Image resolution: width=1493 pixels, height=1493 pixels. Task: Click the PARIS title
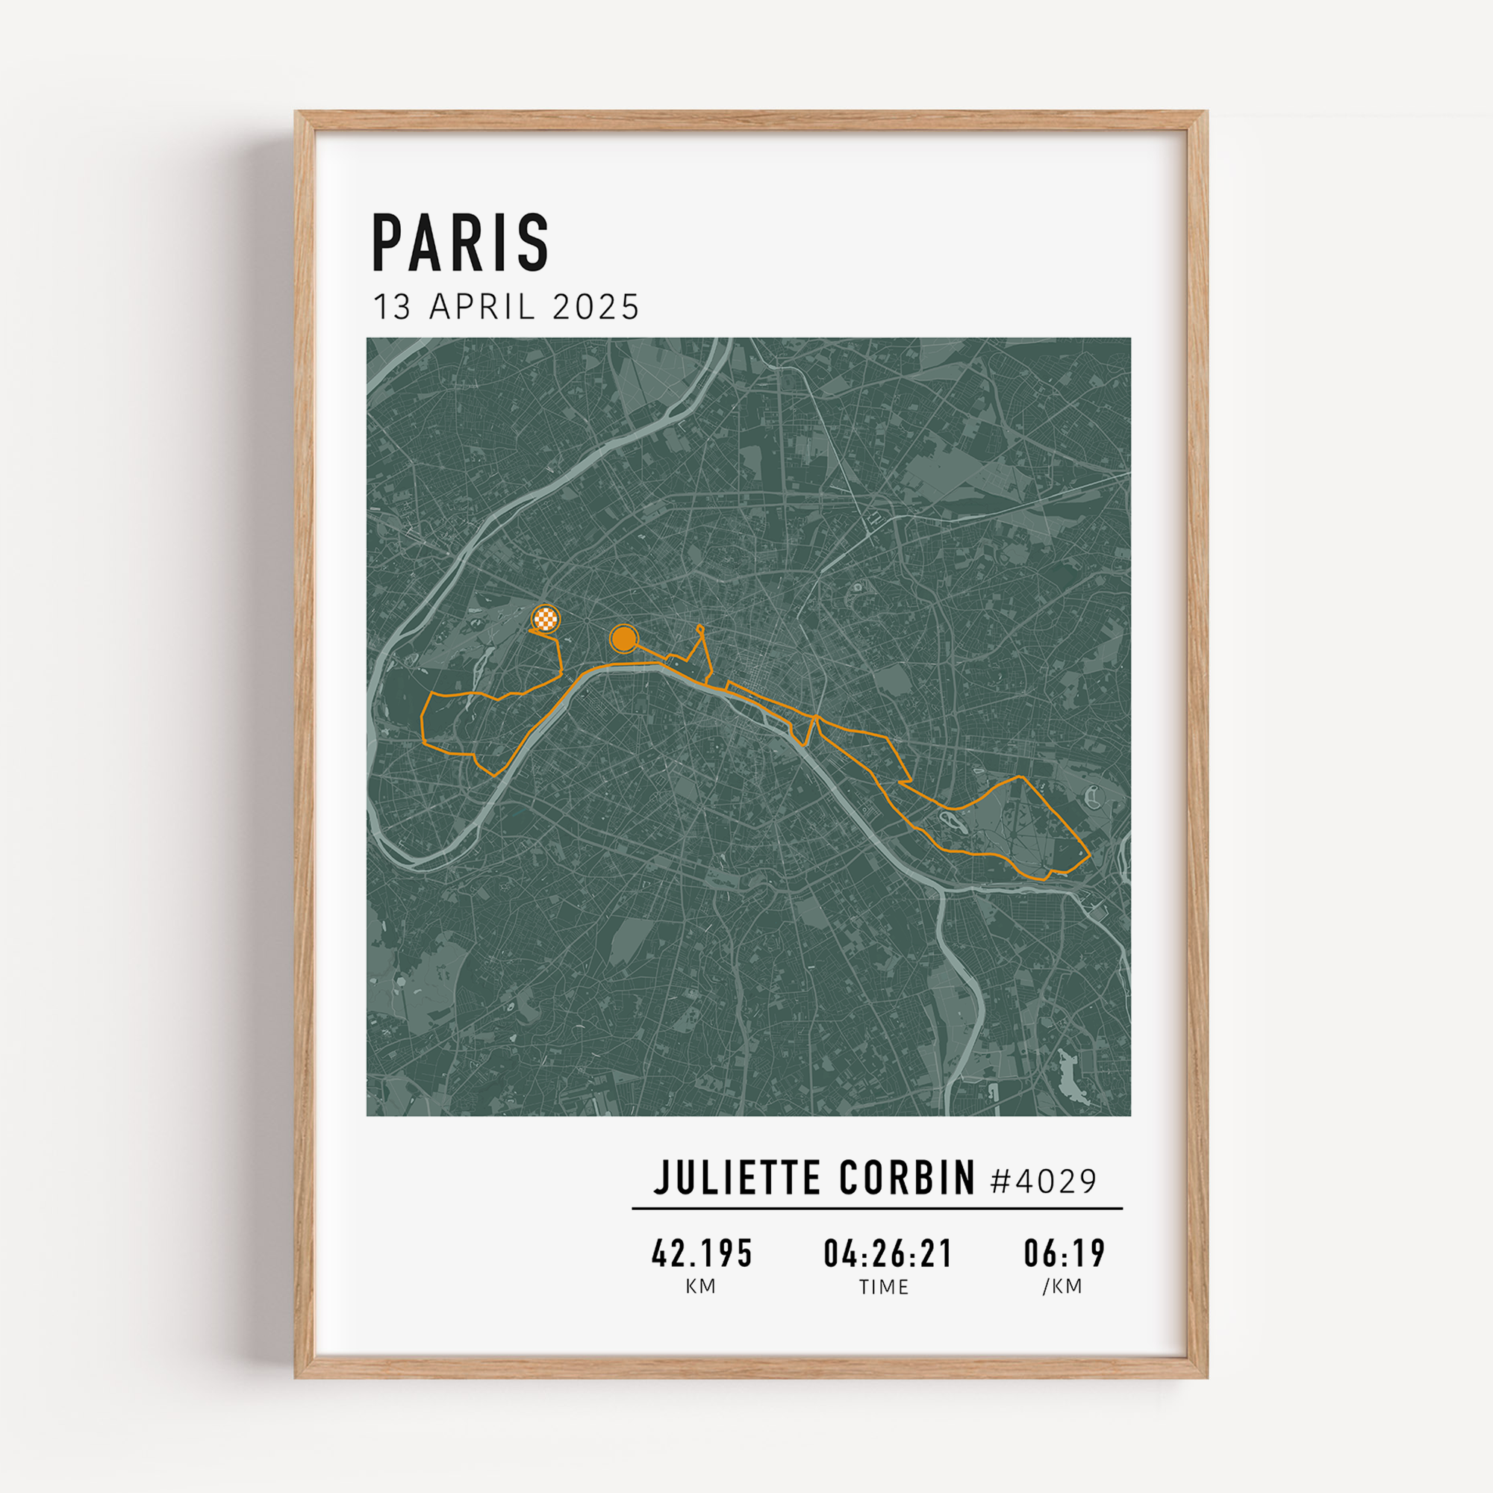pyautogui.click(x=461, y=243)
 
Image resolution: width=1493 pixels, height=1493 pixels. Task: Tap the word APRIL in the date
pyautogui.click(x=482, y=307)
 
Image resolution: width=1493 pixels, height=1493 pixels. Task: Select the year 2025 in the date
pyautogui.click(x=596, y=307)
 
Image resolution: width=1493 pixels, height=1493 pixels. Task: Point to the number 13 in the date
pyautogui.click(x=392, y=307)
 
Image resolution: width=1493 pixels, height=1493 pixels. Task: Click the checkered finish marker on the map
pyautogui.click(x=546, y=618)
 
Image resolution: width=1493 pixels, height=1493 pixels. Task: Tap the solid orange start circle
pyautogui.click(x=623, y=638)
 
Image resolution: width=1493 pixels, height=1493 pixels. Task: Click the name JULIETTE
pyautogui.click(x=738, y=1179)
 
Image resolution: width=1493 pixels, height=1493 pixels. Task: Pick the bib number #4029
pyautogui.click(x=1044, y=1181)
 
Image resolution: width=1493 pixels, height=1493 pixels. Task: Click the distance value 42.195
pyautogui.click(x=702, y=1253)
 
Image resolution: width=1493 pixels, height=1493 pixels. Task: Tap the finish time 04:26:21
pyautogui.click(x=888, y=1253)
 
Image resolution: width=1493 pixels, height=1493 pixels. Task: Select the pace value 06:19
pyautogui.click(x=1064, y=1253)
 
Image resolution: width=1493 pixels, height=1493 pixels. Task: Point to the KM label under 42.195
pyautogui.click(x=700, y=1287)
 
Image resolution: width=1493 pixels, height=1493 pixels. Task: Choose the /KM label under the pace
pyautogui.click(x=1062, y=1287)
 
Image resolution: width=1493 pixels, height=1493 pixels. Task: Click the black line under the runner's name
pyautogui.click(x=877, y=1208)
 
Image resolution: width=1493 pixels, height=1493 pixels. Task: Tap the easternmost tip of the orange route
pyautogui.click(x=1090, y=855)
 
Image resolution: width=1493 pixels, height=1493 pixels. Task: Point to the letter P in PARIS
pyautogui.click(x=389, y=243)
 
